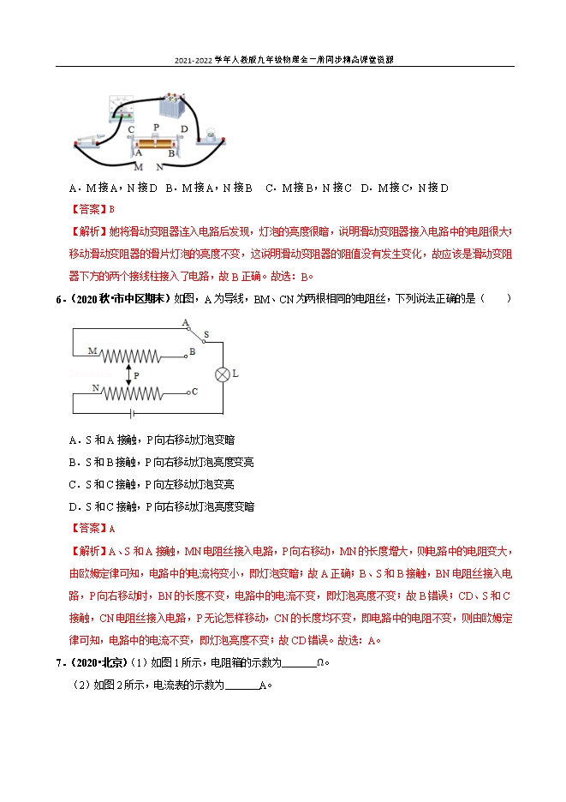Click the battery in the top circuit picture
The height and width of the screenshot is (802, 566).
(x=174, y=109)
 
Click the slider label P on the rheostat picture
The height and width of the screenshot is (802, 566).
(x=155, y=126)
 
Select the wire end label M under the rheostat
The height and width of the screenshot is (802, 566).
(x=137, y=167)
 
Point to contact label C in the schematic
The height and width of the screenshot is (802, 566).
(x=195, y=392)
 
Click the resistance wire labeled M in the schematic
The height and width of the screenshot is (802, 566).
(x=128, y=354)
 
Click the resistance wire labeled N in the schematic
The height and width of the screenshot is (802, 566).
(x=131, y=392)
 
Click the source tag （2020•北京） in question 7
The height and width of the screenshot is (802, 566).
(x=95, y=662)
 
